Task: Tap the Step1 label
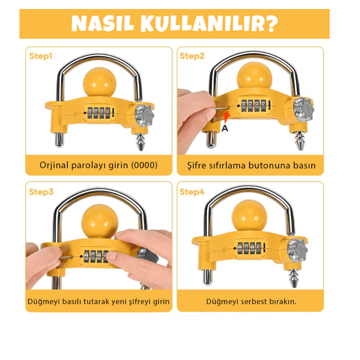click(40, 56)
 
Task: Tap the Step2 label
click(192, 56)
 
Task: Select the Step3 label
click(41, 192)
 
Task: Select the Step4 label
click(192, 192)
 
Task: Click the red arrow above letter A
click(225, 116)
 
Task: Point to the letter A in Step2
click(225, 128)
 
